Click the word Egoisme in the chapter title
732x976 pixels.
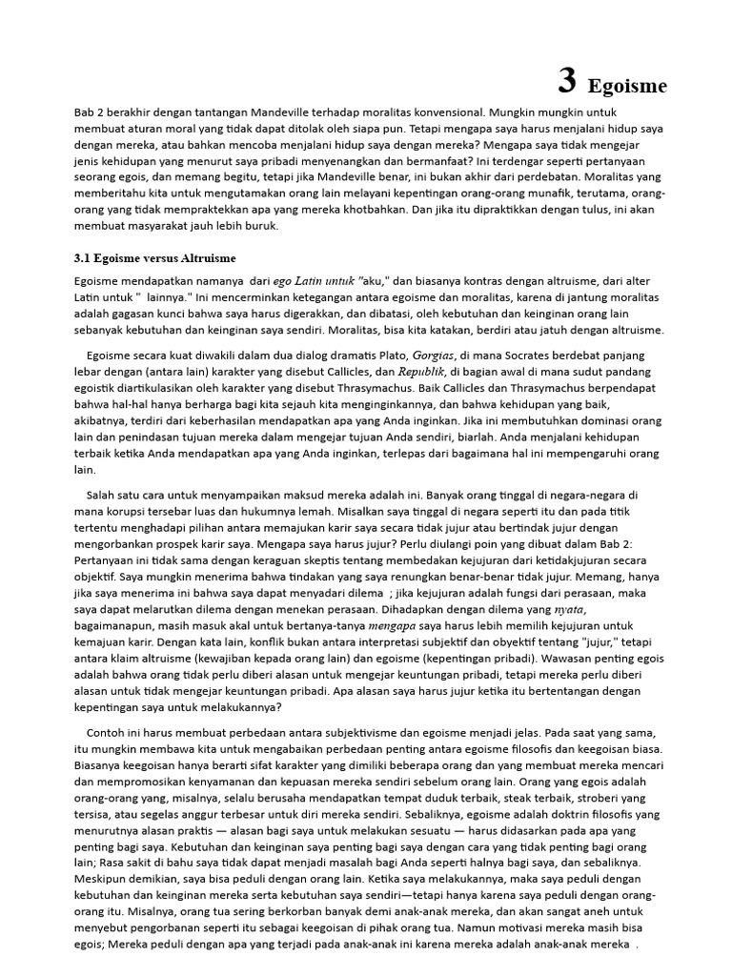point(627,87)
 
